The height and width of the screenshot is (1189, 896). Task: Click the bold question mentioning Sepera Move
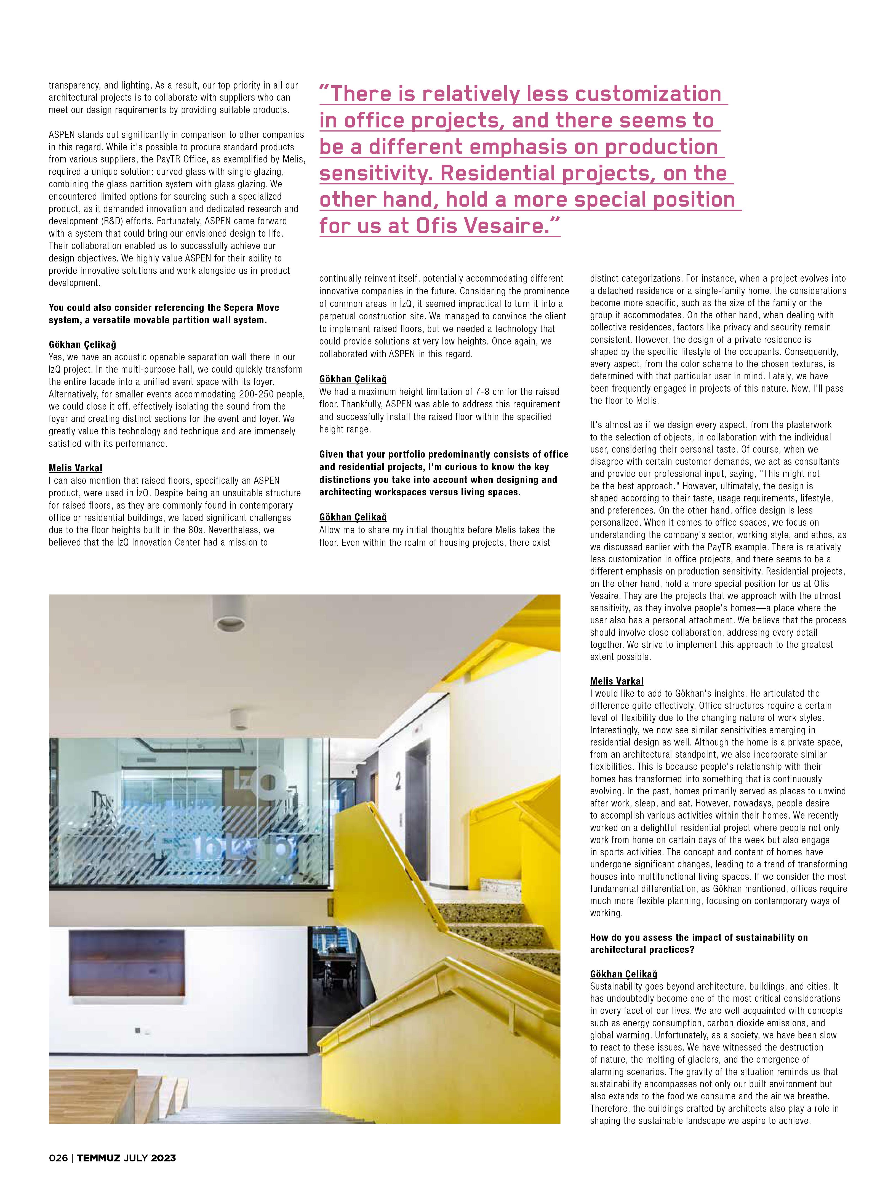pos(164,314)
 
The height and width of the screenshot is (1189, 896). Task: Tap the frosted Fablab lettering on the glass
pos(226,849)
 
